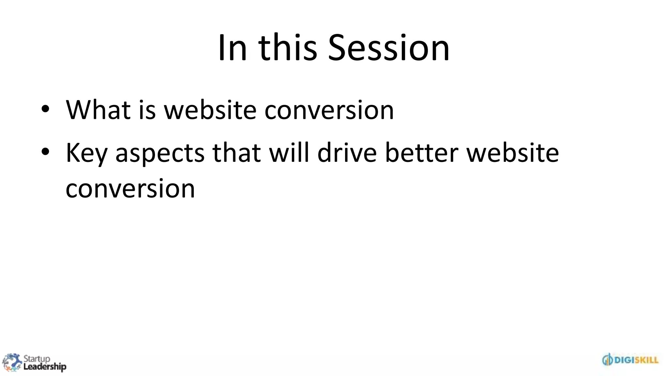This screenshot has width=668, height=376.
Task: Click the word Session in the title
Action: click(388, 48)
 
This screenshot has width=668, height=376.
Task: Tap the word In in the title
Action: click(232, 48)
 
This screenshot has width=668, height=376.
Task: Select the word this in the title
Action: click(288, 48)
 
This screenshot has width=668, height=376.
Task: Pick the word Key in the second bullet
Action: click(86, 153)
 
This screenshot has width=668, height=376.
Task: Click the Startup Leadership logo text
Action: click(44, 363)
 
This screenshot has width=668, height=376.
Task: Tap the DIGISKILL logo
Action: click(630, 360)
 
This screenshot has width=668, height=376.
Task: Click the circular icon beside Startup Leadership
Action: click(12, 362)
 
